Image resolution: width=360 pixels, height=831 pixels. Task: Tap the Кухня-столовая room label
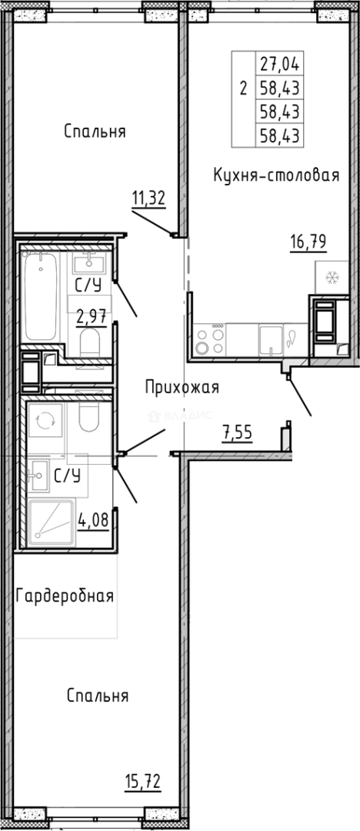tap(276, 176)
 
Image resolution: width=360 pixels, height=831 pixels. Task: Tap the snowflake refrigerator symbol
tap(332, 278)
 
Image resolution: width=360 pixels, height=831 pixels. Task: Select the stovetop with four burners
tap(210, 339)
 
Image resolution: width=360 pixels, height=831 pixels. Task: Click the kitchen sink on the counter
tap(271, 339)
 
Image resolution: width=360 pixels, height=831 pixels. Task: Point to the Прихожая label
tap(182, 388)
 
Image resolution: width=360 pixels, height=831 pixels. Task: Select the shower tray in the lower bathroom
tap(52, 523)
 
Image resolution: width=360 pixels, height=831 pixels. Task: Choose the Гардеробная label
tap(65, 596)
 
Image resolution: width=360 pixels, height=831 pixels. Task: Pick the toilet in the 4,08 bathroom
tap(88, 419)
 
